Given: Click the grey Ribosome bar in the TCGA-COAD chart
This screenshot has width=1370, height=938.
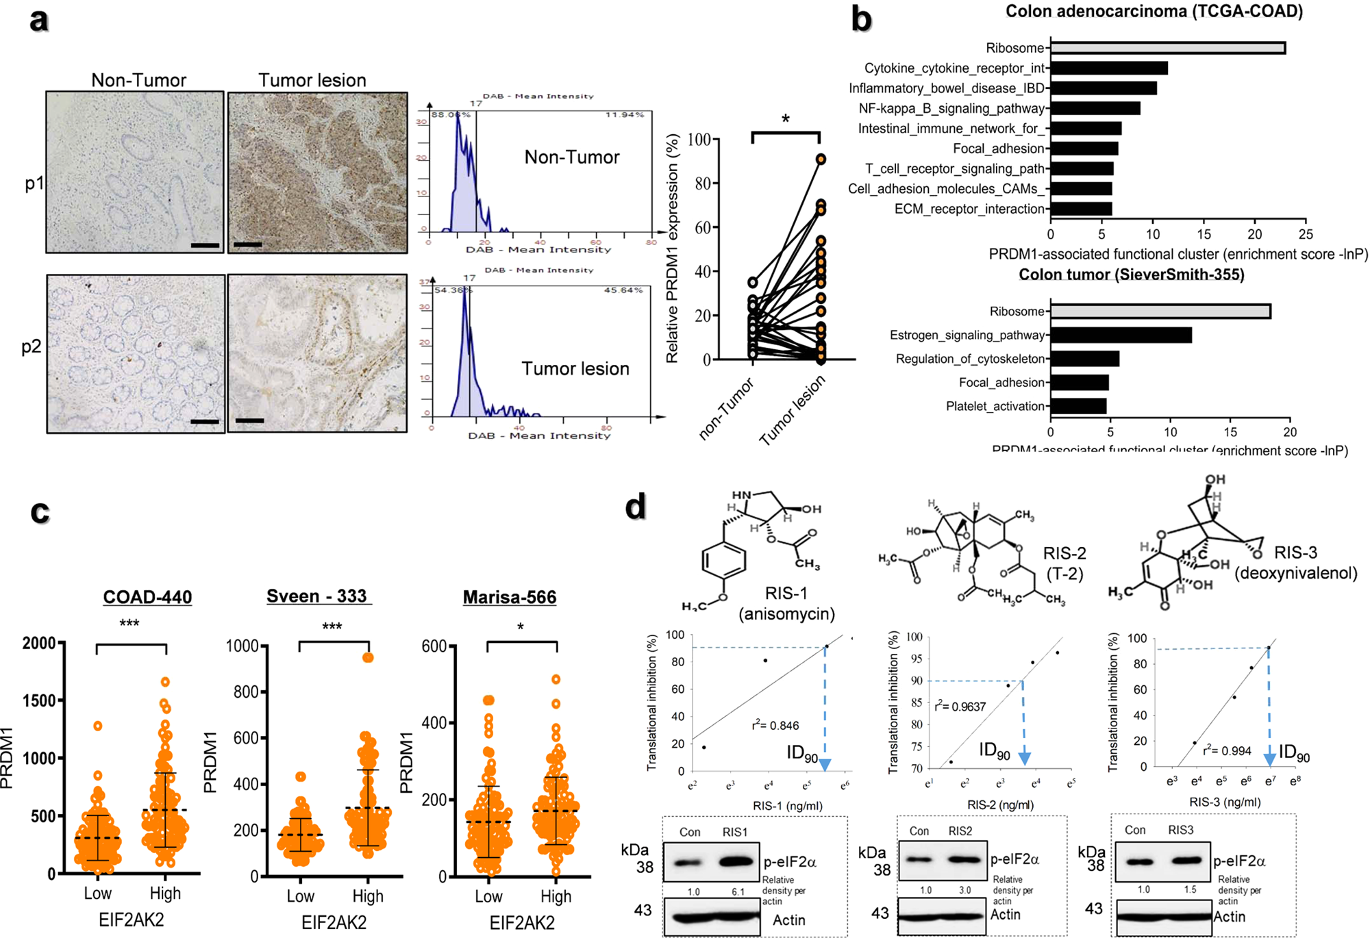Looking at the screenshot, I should click(1167, 48).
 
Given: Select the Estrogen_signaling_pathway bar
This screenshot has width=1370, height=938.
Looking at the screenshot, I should click(1121, 335).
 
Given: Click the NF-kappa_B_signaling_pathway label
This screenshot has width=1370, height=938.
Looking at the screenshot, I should click(951, 108).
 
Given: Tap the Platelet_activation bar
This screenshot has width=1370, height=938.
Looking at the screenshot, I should click(1078, 406).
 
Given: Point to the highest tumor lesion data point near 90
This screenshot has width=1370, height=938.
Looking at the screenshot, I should click(820, 159).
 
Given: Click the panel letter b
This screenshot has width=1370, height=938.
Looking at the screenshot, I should click(861, 19).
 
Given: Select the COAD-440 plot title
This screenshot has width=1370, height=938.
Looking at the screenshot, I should click(147, 597).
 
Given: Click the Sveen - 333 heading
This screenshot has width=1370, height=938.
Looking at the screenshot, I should click(317, 596).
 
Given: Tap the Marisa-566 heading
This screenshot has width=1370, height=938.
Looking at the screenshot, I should click(510, 597).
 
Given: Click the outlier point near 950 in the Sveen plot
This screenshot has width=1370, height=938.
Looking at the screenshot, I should click(368, 657).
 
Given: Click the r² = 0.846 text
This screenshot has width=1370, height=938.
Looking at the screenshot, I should click(775, 726).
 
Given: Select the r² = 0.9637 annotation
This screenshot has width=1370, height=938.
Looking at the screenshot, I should click(960, 706).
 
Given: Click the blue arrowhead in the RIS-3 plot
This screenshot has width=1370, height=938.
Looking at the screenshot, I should click(1269, 759).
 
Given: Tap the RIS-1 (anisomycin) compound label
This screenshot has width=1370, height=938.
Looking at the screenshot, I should click(786, 603).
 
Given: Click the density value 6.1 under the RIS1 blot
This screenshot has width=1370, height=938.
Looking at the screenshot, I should click(738, 892).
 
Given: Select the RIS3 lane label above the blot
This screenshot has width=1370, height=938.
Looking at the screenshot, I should click(1180, 830).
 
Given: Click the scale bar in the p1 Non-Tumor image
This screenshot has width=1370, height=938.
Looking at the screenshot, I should click(205, 244).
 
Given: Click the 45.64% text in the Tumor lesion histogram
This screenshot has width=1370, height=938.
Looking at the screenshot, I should click(623, 290).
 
